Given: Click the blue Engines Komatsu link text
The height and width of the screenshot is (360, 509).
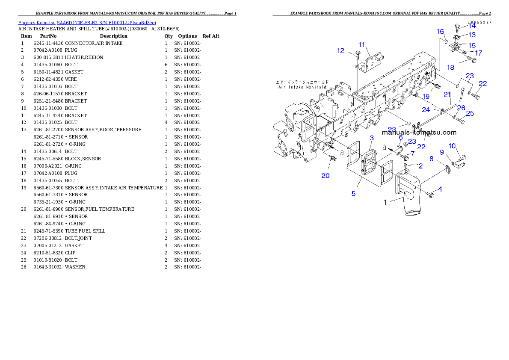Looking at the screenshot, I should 87,22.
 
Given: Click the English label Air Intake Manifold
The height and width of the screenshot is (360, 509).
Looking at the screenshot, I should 302,87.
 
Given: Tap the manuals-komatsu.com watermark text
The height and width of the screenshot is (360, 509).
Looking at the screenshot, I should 419,133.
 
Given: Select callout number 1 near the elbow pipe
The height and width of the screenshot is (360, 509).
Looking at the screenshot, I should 385,202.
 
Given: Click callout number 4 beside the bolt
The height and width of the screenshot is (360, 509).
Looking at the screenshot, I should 440,189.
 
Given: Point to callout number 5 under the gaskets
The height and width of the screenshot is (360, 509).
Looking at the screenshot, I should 353,194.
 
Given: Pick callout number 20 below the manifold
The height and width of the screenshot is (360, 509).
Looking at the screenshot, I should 325,175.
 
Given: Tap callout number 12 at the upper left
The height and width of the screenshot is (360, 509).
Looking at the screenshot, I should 340,50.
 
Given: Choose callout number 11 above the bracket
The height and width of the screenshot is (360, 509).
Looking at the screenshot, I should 361,44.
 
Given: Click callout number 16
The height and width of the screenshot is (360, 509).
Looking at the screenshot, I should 440,32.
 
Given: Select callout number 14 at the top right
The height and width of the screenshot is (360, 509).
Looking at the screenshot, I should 471,26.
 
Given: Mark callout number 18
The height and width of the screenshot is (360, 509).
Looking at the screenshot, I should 450,68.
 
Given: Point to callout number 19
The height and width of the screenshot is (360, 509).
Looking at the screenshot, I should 426,97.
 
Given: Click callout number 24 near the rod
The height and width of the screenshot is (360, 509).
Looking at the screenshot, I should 426,110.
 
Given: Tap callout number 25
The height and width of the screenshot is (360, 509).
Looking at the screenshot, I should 470,113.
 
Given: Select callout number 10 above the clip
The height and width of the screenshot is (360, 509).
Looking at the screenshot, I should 452,146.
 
